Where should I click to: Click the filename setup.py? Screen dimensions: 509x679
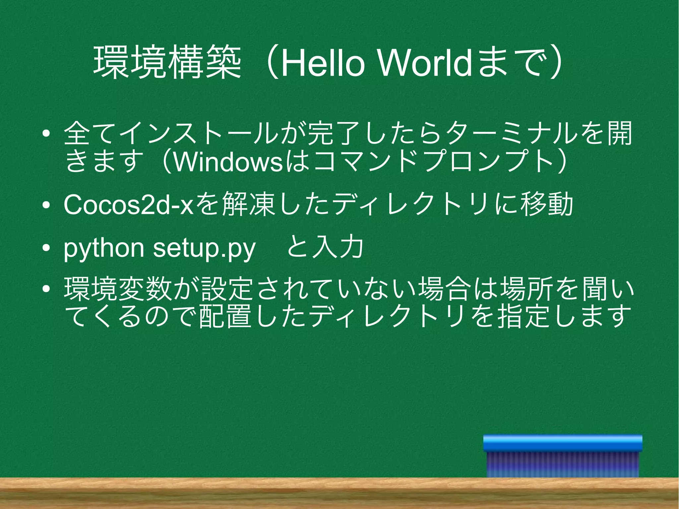pos(204,248)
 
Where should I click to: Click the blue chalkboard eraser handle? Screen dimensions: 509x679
pos(563,443)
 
